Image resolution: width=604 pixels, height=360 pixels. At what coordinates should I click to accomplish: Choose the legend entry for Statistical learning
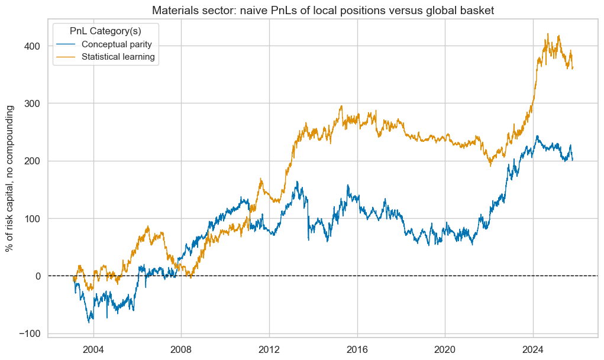118,57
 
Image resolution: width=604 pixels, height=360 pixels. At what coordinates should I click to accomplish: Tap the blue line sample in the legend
67,44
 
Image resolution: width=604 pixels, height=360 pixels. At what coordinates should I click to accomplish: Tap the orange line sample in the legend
67,57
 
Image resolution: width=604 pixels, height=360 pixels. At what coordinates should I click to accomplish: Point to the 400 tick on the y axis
33,46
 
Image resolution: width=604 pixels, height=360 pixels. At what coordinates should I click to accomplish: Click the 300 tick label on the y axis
33,103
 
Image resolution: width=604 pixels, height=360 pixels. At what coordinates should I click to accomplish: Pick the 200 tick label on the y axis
33,161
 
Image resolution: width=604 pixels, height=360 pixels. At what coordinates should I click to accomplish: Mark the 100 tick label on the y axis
33,219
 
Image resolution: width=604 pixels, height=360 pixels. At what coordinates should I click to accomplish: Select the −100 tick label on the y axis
31,333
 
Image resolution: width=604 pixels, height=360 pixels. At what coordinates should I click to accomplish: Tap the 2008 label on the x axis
181,348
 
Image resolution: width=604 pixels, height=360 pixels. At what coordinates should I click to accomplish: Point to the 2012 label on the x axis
269,348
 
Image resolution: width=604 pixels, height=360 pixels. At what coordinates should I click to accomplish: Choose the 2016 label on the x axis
357,348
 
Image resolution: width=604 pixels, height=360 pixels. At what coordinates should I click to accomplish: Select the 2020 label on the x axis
445,348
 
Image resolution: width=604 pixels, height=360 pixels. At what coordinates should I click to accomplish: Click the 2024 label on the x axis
533,348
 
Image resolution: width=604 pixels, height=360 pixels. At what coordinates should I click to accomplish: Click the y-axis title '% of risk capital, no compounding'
10,179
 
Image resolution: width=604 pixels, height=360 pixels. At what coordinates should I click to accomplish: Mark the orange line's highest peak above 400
548,34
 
